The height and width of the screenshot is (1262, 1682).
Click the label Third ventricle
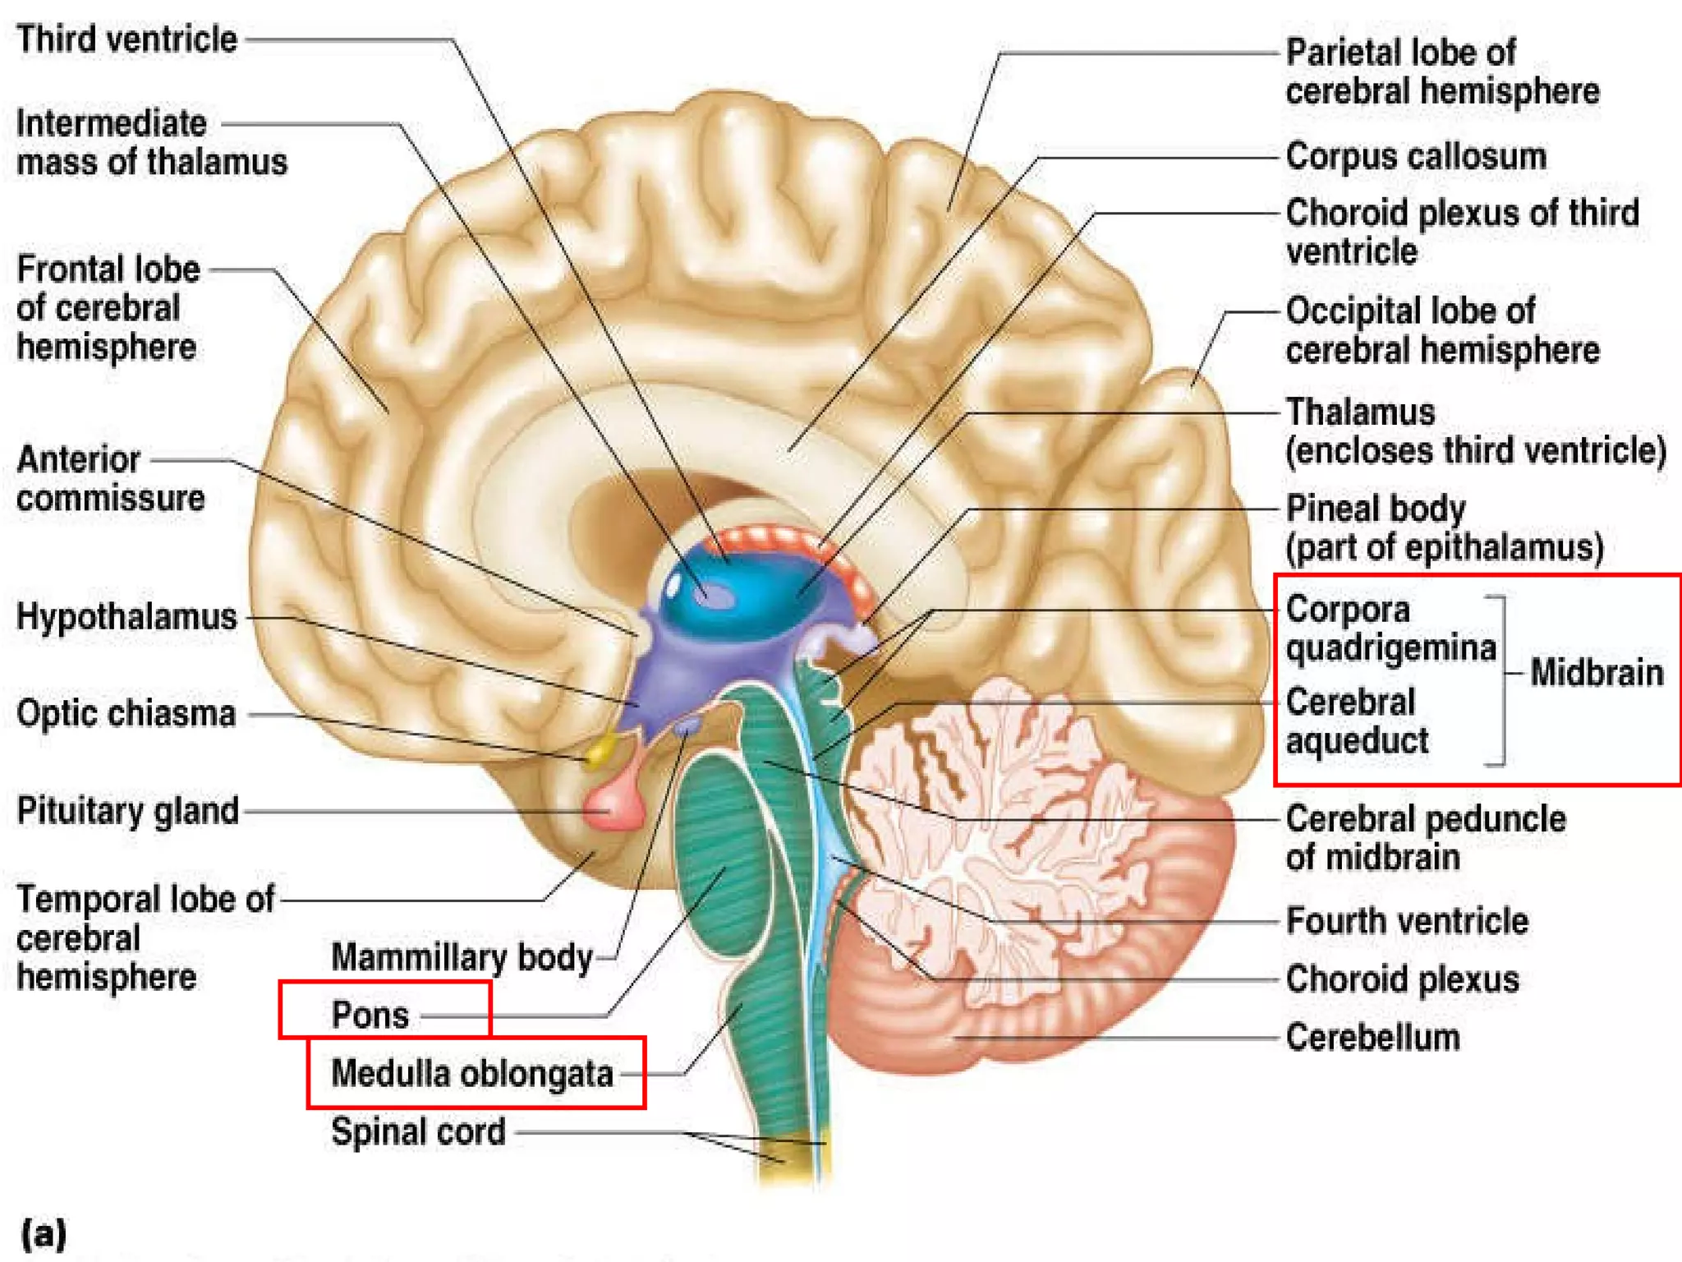point(126,39)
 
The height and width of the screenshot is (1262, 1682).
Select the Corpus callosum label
point(1415,156)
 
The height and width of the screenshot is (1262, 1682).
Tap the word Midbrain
point(1596,672)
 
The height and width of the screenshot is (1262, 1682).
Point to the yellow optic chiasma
point(602,748)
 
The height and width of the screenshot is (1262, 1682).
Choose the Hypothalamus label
point(126,616)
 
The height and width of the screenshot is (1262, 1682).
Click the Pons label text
point(370,1015)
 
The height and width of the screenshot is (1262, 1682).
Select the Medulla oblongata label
point(471,1073)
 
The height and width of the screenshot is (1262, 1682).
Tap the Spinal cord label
point(417,1131)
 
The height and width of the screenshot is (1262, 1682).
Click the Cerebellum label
point(1372,1037)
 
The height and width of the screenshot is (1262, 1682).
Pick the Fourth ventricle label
point(1406,920)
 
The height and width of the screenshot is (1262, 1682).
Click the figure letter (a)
point(44,1233)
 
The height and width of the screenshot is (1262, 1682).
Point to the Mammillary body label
point(461,957)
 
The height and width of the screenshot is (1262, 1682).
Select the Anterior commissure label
point(110,478)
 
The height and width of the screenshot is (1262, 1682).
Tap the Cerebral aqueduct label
point(1356,721)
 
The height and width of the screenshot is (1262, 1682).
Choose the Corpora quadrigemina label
point(1390,629)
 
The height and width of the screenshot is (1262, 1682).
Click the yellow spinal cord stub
point(793,1154)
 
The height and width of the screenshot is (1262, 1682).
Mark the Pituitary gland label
point(127,811)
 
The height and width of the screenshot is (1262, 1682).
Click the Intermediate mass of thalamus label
point(151,142)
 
